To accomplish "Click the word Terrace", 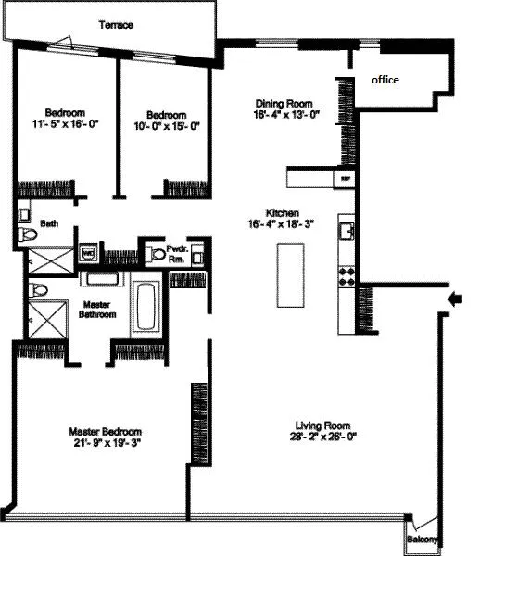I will [116, 25].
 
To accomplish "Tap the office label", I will [385, 80].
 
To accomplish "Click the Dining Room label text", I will [284, 103].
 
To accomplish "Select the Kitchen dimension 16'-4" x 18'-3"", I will [283, 223].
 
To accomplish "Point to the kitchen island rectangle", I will [290, 275].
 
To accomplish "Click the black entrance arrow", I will [454, 298].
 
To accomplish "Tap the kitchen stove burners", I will [348, 274].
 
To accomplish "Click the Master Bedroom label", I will [106, 431].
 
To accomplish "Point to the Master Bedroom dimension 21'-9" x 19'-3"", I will [106, 443].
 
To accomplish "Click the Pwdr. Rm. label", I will [176, 253].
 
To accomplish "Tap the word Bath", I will [48, 223].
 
